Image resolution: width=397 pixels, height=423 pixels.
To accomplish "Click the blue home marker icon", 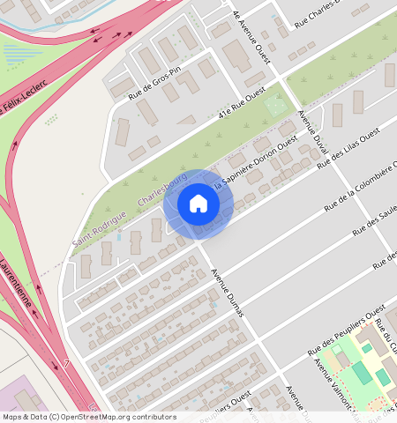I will coord(198,204).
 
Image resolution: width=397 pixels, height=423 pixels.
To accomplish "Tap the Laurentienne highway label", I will coord(16,282).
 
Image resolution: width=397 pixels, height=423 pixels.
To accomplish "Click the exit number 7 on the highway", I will coord(66,362).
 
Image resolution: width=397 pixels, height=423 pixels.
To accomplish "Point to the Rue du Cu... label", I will coord(385,332).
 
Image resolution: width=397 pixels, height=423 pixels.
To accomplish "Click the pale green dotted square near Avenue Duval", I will coord(276,106).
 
